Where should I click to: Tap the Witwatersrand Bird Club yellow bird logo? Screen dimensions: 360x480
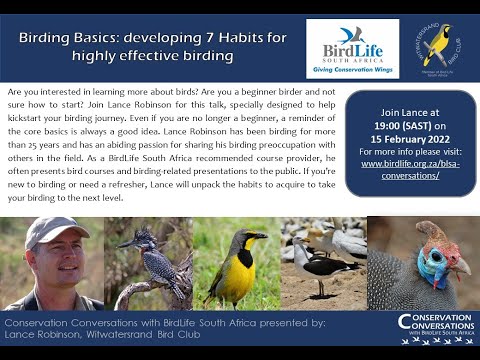point(437,47)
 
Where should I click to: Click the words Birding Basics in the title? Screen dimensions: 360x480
point(66,37)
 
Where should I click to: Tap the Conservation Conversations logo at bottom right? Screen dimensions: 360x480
point(435,328)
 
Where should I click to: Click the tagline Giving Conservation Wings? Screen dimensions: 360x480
point(351,69)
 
